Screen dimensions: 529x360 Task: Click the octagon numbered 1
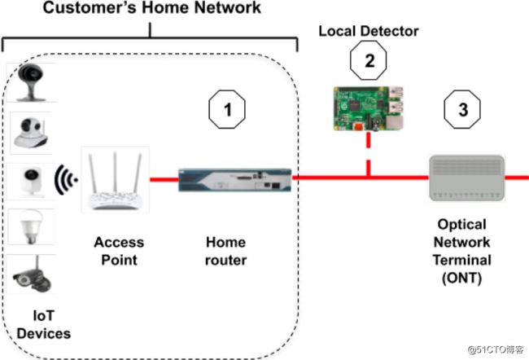point(227,109)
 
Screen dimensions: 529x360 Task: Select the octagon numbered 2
point(369,60)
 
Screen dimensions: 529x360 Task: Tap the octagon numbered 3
point(462,109)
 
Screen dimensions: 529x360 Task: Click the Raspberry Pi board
point(369,108)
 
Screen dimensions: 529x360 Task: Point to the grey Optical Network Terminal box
point(466,178)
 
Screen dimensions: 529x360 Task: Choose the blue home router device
point(235,180)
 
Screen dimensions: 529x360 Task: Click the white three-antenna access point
point(115,180)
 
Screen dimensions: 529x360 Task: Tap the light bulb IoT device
point(31,226)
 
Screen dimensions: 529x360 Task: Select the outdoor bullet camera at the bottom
point(31,274)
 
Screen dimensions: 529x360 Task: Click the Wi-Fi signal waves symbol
point(65,180)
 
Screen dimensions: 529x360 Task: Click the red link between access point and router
point(164,179)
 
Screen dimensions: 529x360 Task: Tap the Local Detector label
point(369,31)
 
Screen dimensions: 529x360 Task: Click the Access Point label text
point(119,251)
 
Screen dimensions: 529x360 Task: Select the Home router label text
point(226,251)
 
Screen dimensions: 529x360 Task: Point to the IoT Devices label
point(43,324)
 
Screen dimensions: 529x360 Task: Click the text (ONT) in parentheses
point(462,278)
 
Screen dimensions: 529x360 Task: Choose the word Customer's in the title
point(90,8)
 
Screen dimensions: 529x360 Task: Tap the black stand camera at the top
point(31,82)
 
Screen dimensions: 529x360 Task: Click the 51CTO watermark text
point(496,349)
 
